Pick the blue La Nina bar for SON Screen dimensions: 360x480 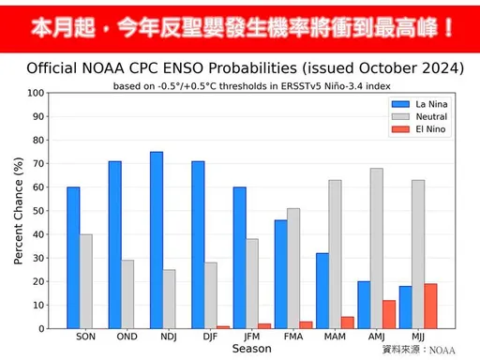click(73, 258)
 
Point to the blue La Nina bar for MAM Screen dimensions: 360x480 click(322, 291)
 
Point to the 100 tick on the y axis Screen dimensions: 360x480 click(37, 93)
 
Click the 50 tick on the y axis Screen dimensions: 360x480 click(37, 211)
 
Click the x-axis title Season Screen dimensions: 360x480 click(252, 349)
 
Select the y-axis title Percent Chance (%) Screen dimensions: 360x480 click(19, 211)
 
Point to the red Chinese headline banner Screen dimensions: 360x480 click(240, 24)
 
